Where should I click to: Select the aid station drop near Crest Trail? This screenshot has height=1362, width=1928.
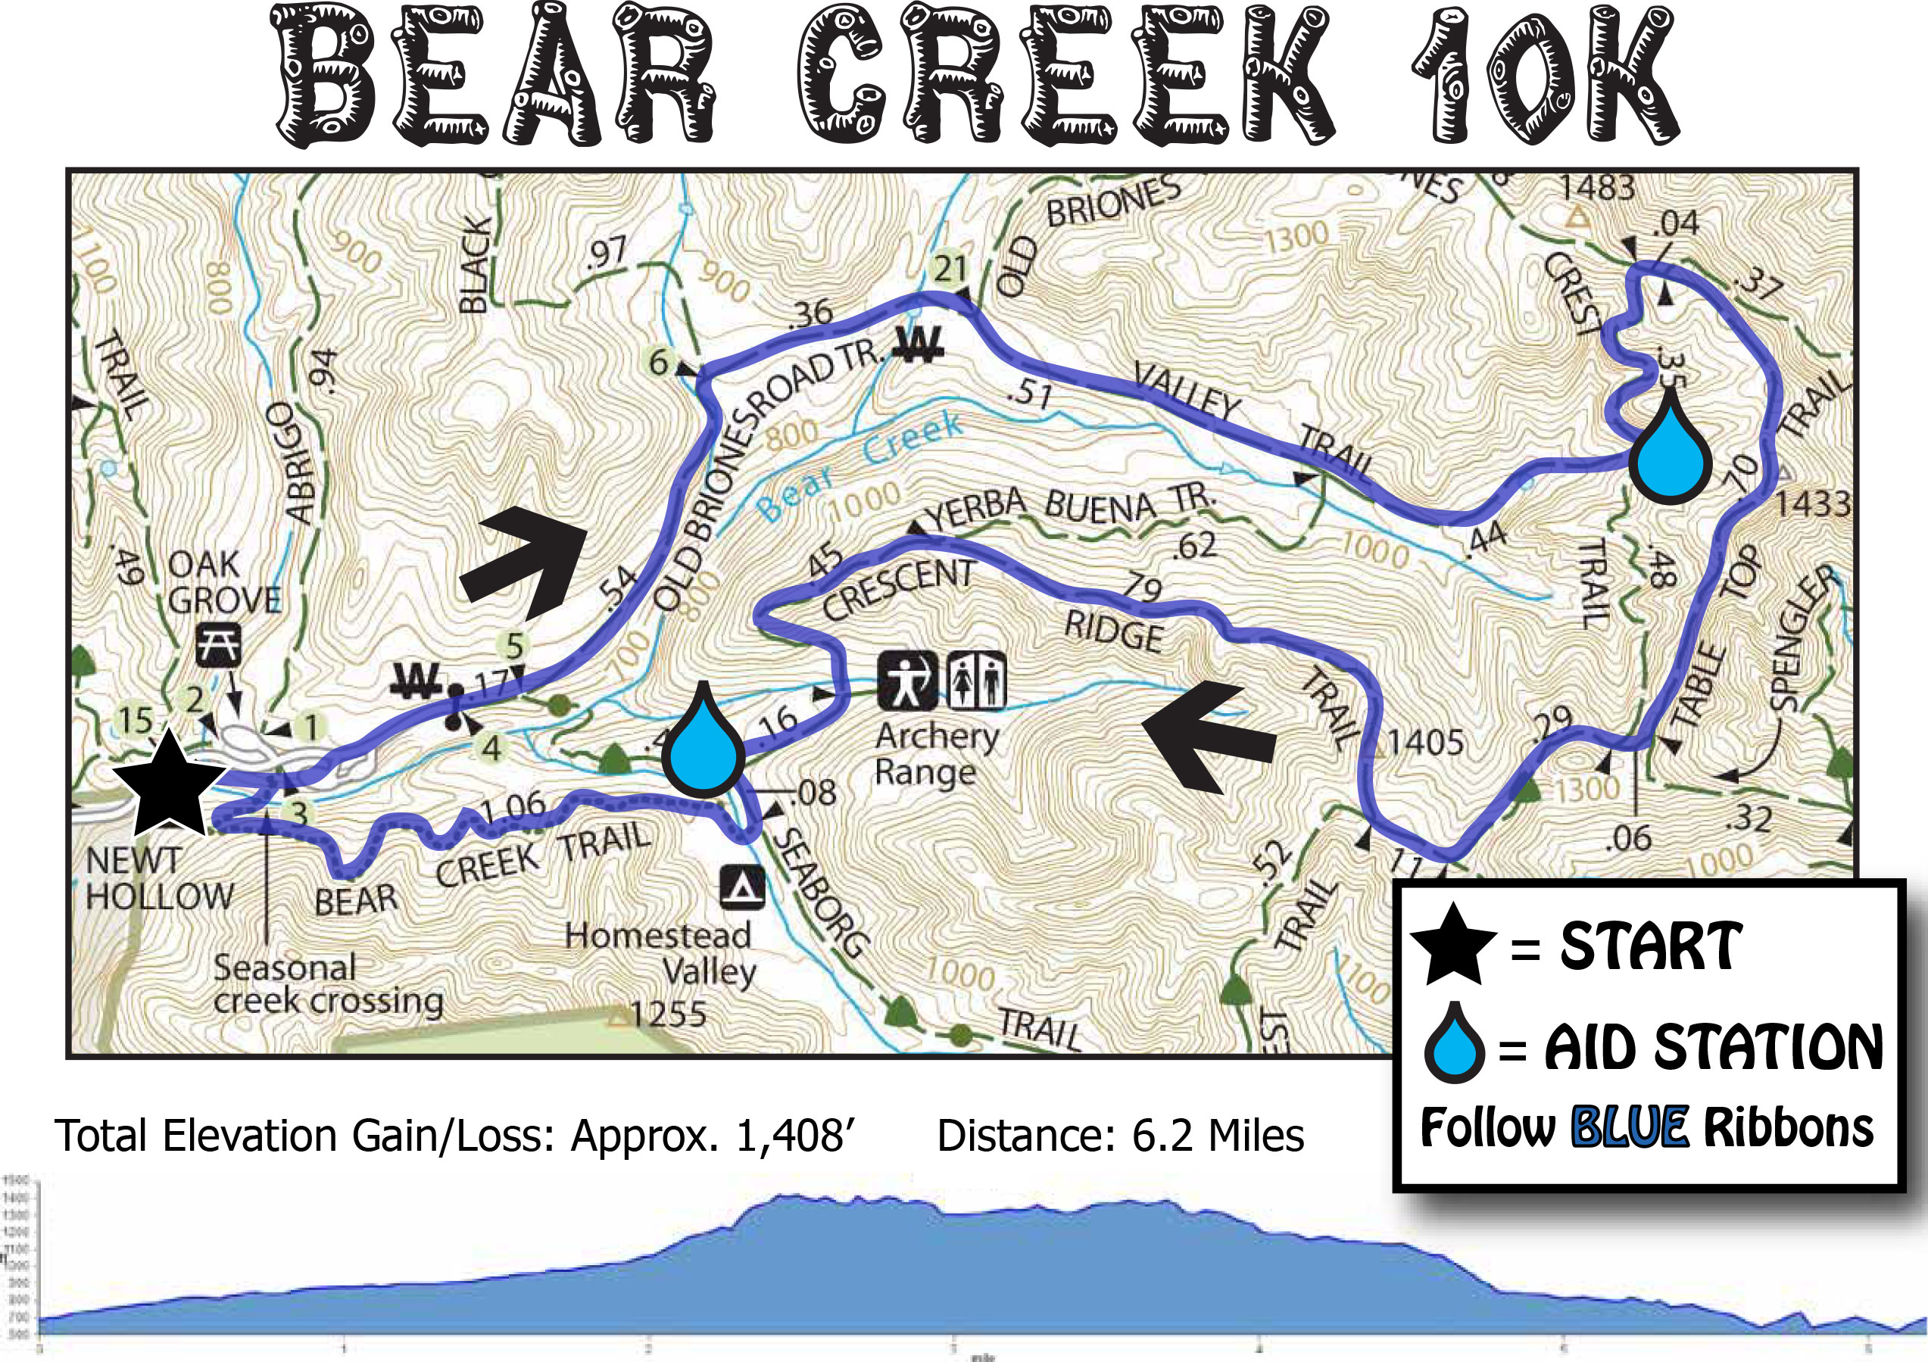pos(1671,453)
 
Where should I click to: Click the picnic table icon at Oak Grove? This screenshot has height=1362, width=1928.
pos(218,645)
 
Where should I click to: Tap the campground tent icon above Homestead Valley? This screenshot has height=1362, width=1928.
pos(741,887)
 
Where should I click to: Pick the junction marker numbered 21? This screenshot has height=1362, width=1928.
pos(950,270)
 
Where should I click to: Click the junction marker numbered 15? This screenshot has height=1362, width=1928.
pos(134,720)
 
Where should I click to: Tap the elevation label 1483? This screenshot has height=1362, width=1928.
pos(1597,187)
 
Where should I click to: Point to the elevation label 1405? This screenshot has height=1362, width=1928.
pos(1425,742)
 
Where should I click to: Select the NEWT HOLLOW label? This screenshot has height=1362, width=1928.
pos(158,879)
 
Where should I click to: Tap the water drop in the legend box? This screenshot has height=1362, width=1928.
pos(1453,1043)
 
